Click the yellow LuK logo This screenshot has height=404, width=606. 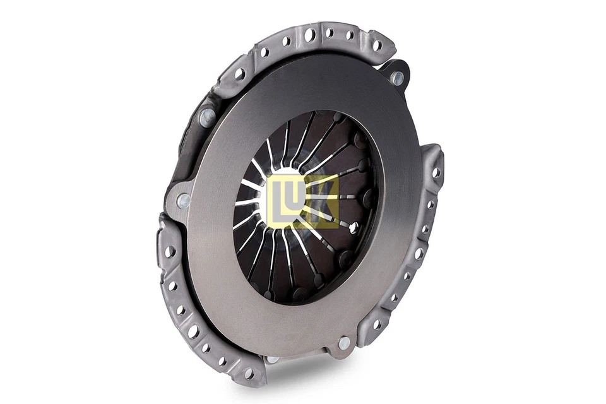[x=302, y=201]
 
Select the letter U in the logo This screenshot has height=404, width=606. [x=301, y=200]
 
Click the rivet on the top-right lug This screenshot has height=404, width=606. [x=396, y=78]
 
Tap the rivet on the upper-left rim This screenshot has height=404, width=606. [x=206, y=117]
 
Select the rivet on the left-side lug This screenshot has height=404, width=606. [x=183, y=201]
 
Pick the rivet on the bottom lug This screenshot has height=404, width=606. [x=343, y=343]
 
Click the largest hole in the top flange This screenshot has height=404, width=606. [x=309, y=35]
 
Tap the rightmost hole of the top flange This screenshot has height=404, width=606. [x=377, y=45]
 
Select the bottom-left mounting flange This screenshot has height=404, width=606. [x=189, y=316]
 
